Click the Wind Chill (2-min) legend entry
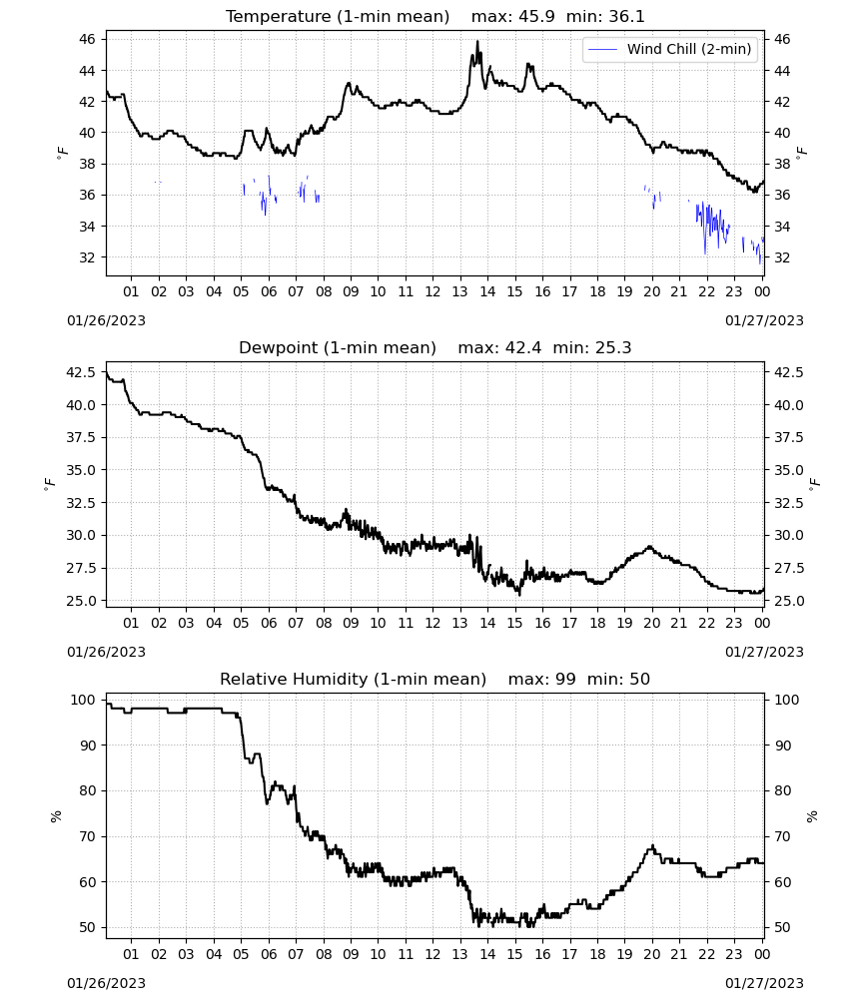pyautogui.click(x=669, y=49)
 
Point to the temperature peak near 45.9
pyautogui.click(x=477, y=41)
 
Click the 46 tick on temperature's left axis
pyautogui.click(x=87, y=40)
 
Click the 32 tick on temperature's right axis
pyautogui.click(x=782, y=257)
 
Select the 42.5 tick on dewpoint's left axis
pyautogui.click(x=81, y=372)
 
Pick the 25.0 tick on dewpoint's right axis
pyautogui.click(x=788, y=601)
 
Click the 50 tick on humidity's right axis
pyautogui.click(x=782, y=927)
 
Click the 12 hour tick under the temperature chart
pyautogui.click(x=433, y=291)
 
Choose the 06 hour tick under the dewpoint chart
pyautogui.click(x=269, y=623)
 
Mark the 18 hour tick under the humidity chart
pyautogui.click(x=597, y=954)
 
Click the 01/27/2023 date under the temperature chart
pyautogui.click(x=764, y=320)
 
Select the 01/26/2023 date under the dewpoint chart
pyautogui.click(x=106, y=652)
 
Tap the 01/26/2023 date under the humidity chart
pyautogui.click(x=106, y=983)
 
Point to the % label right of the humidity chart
pyautogui.click(x=812, y=816)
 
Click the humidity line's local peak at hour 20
pyautogui.click(x=652, y=846)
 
